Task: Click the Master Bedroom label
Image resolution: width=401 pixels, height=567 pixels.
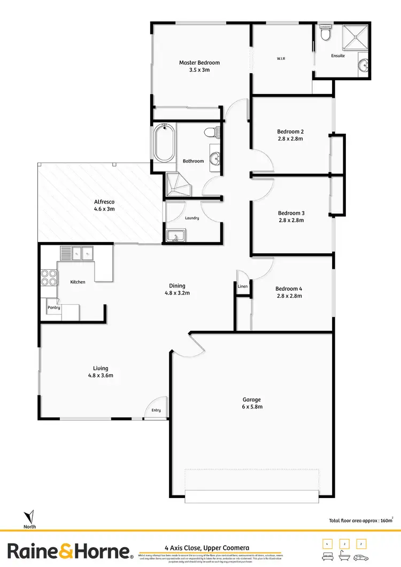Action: click(x=199, y=63)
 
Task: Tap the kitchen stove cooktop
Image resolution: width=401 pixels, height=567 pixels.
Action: click(x=49, y=277)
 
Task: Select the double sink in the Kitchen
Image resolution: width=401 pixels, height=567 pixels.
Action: click(x=76, y=253)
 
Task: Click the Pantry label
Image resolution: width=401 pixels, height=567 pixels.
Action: click(x=54, y=308)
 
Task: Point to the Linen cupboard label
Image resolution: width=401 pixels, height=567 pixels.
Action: click(x=243, y=287)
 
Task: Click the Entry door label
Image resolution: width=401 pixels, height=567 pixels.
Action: click(x=156, y=410)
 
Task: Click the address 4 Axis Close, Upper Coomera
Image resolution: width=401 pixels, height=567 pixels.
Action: click(x=206, y=548)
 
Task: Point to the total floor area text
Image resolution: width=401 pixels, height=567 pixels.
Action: click(x=361, y=519)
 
